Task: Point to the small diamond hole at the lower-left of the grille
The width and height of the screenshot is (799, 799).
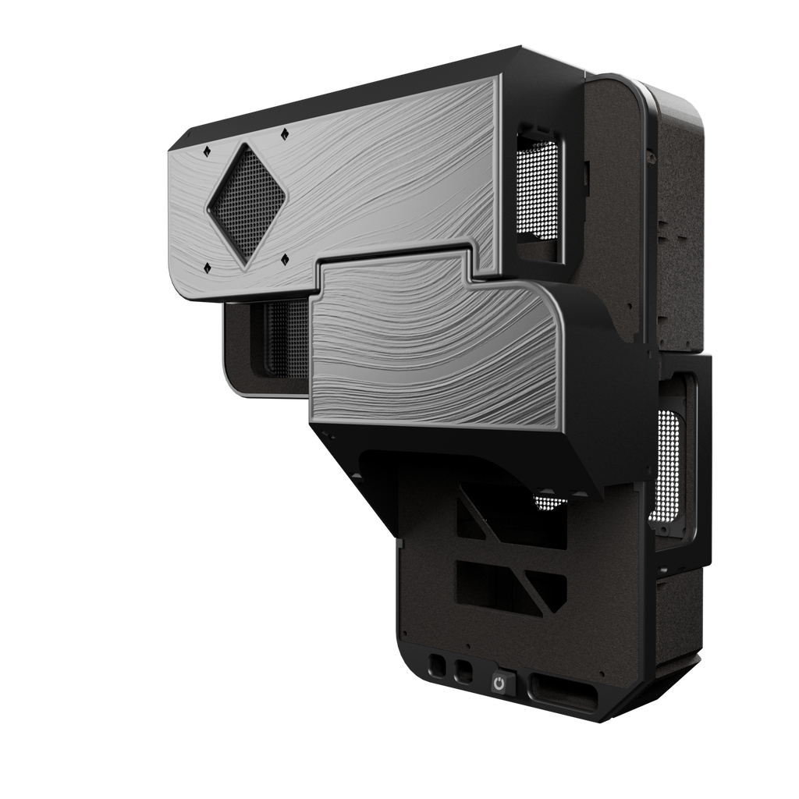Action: tap(207, 268)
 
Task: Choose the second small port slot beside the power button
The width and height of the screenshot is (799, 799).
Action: tap(463, 671)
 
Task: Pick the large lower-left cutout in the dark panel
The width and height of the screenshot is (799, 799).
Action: tap(488, 581)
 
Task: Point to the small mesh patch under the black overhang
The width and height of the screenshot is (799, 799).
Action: tap(550, 503)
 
